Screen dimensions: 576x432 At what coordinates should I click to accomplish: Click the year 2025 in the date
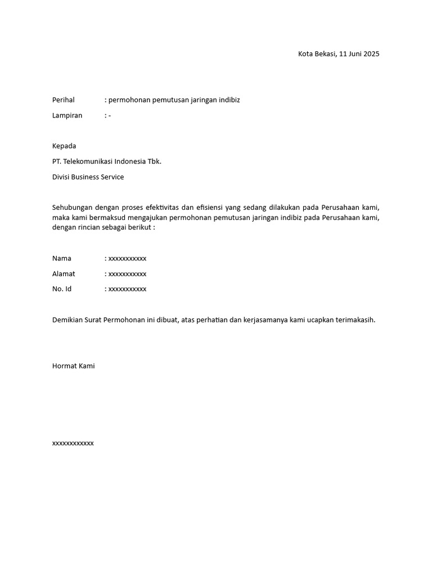click(371, 54)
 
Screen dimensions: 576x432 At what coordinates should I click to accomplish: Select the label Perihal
click(64, 100)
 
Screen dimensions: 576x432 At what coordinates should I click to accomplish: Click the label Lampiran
click(67, 115)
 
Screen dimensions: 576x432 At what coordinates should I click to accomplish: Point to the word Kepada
click(64, 146)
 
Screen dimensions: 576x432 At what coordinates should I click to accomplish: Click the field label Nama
click(62, 259)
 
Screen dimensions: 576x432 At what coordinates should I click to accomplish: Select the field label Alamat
click(64, 274)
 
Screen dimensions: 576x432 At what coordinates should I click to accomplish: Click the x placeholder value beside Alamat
click(127, 274)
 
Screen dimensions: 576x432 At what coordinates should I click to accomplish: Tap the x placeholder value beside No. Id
click(127, 289)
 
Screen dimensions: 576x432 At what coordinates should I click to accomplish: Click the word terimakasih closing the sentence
click(354, 320)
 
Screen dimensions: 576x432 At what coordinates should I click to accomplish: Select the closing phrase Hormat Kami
click(73, 366)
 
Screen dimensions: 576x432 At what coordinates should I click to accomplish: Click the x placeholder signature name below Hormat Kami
click(73, 443)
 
